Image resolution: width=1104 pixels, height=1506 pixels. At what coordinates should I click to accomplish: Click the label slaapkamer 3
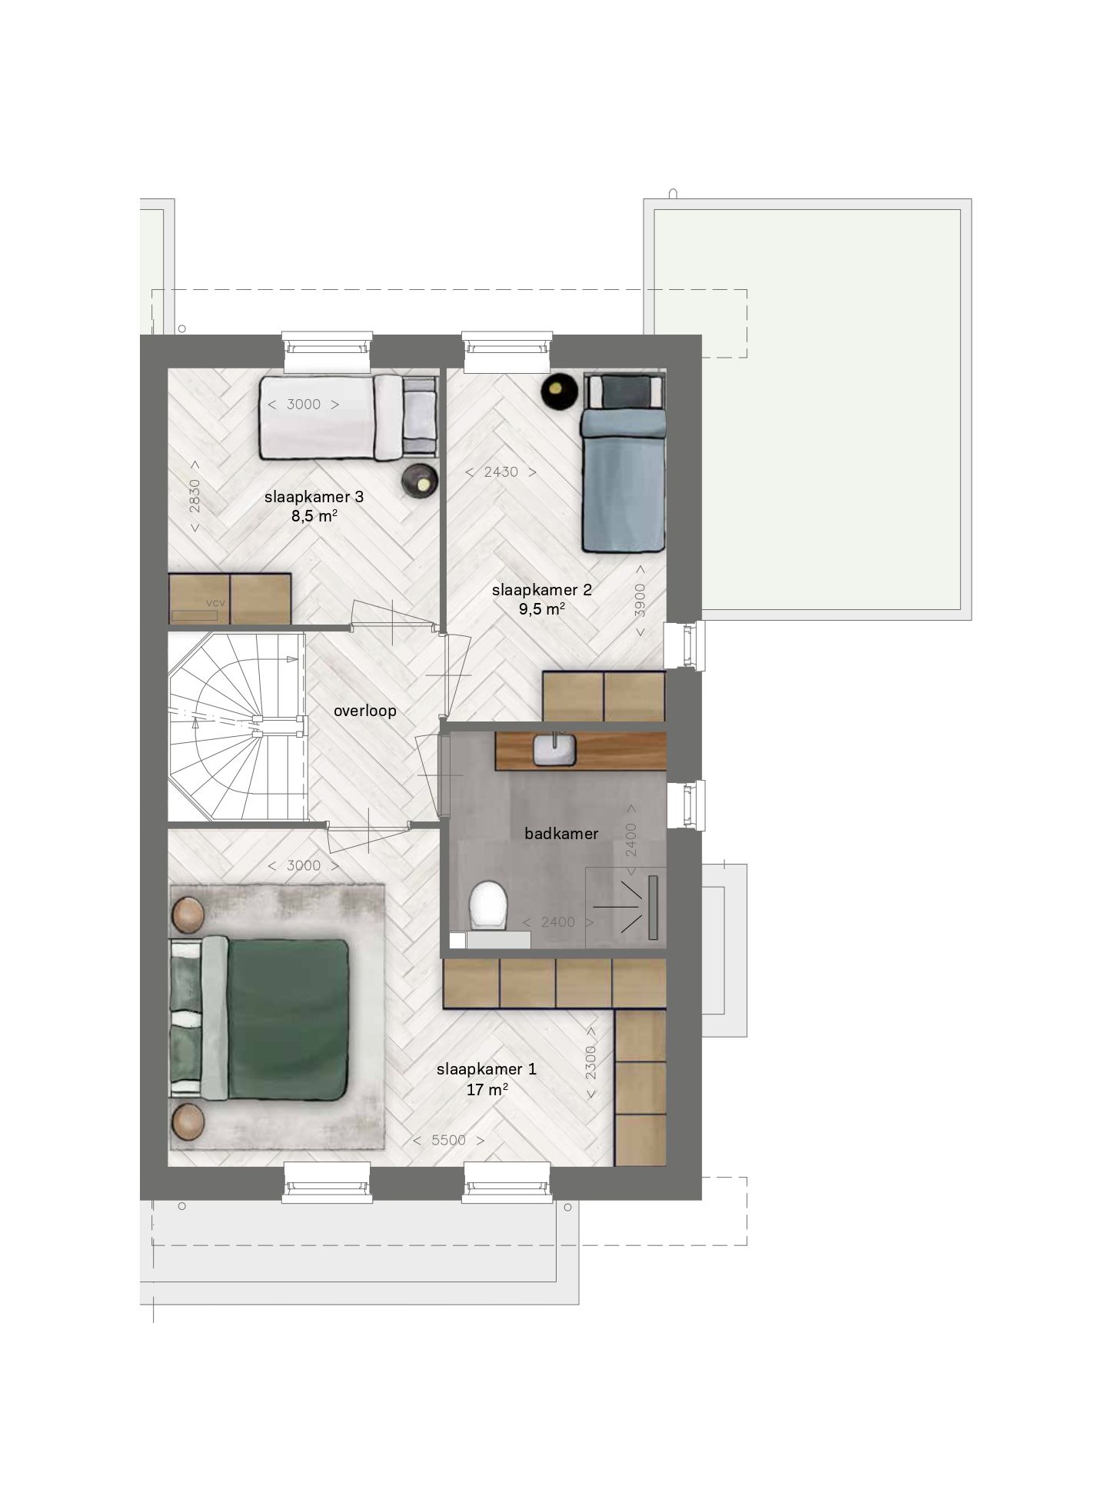314,497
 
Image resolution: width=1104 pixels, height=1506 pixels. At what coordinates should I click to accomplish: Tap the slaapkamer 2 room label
542,590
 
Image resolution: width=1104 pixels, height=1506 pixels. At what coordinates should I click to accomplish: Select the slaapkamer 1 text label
487,1069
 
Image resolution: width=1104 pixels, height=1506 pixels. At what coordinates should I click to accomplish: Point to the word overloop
365,711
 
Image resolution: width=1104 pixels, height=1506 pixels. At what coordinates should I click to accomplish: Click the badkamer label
561,833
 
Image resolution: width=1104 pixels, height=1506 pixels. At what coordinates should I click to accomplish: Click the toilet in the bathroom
488,905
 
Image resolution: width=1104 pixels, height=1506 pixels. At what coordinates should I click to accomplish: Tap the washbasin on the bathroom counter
554,749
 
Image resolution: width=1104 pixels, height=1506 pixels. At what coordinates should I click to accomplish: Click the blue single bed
623,463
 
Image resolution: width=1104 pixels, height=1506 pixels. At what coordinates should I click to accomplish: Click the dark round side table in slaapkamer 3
421,481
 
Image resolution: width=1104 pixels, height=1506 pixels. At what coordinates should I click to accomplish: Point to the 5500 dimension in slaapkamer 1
449,1140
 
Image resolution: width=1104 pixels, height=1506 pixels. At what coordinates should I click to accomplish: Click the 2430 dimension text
500,472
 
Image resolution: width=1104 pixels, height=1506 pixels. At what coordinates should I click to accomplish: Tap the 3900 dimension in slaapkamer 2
640,601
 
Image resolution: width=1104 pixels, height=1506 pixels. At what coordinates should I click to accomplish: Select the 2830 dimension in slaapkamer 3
195,496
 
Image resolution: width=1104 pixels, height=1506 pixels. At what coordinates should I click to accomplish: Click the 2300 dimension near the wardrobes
590,1062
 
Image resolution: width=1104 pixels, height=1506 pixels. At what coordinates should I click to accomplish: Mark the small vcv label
216,603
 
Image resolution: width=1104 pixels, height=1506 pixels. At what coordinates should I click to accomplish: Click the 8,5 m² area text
314,516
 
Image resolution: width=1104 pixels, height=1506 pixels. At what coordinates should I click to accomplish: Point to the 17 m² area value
487,1089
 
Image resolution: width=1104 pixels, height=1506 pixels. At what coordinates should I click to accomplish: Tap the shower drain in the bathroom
653,907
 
